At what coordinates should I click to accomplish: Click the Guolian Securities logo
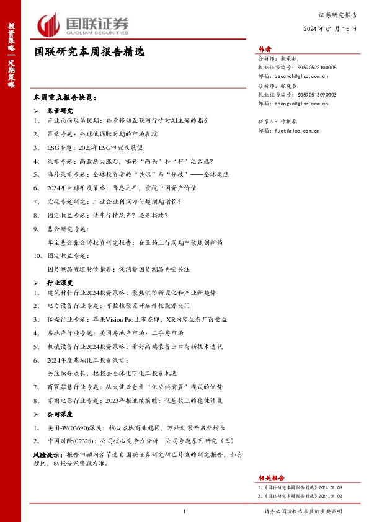coord(83,25)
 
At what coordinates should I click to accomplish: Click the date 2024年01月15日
coord(330,29)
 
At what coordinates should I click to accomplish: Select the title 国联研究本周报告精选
coord(89,53)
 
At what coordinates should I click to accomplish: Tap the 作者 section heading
coord(265,50)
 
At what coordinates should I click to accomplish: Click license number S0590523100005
coord(317,68)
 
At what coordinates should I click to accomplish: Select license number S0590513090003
coord(317,95)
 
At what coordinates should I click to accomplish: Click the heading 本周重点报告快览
coord(65,98)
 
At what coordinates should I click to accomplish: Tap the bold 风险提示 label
coord(45,454)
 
